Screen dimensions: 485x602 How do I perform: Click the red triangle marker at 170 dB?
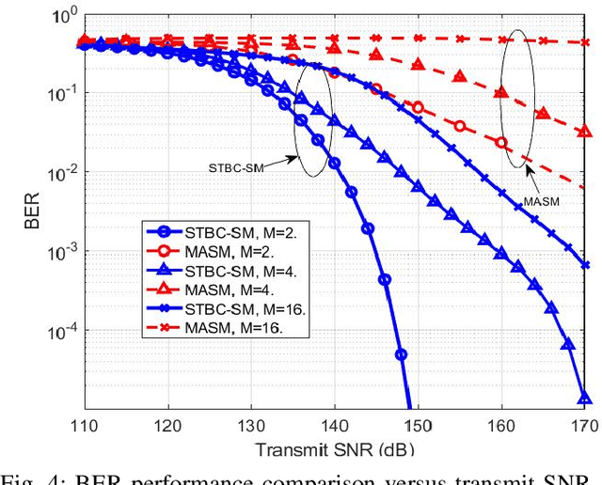584,133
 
